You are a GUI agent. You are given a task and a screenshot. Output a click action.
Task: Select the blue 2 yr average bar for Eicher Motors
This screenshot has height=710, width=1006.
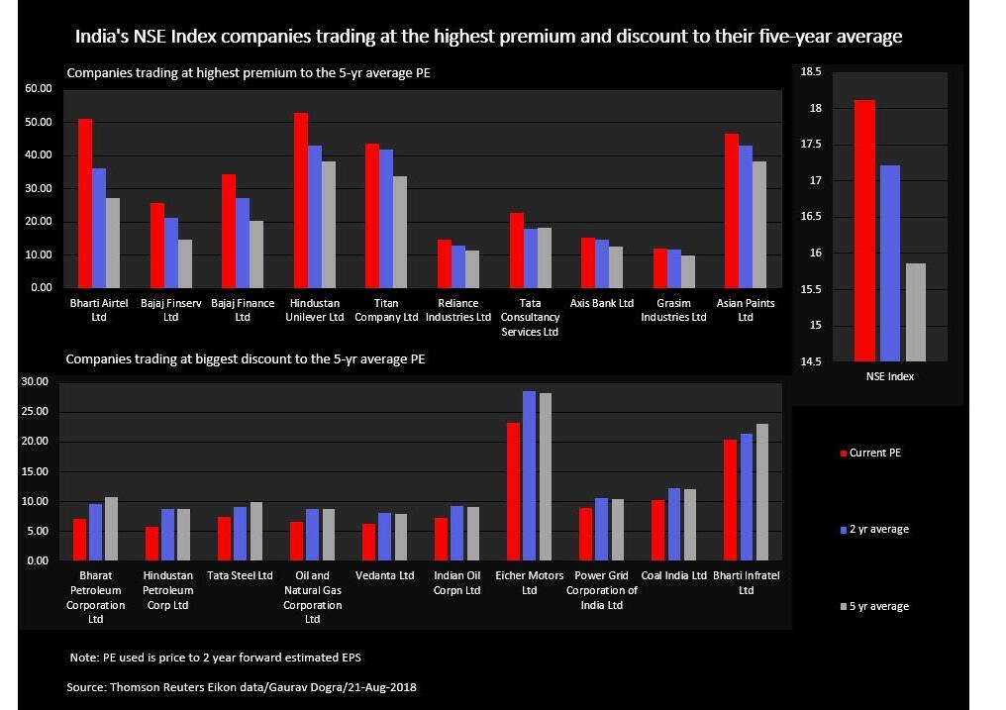(x=529, y=475)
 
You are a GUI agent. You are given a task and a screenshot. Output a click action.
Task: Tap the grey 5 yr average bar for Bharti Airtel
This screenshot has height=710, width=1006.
(x=114, y=243)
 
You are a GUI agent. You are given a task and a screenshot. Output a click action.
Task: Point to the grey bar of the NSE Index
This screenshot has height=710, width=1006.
(x=916, y=312)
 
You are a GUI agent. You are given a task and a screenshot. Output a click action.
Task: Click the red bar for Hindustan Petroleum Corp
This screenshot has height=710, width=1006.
(x=151, y=544)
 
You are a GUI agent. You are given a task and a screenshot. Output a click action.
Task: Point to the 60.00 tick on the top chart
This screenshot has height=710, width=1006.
(x=37, y=89)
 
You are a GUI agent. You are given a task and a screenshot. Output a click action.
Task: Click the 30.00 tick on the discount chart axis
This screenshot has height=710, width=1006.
(x=35, y=382)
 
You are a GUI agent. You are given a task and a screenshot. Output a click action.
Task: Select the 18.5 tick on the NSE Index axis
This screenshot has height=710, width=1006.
(x=811, y=71)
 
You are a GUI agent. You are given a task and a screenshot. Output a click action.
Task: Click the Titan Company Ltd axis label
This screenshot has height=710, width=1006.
(x=386, y=310)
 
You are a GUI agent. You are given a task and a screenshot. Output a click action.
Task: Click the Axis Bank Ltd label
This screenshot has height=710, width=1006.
(x=601, y=303)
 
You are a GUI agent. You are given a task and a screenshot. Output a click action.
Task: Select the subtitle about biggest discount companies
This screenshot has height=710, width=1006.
(x=245, y=358)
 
